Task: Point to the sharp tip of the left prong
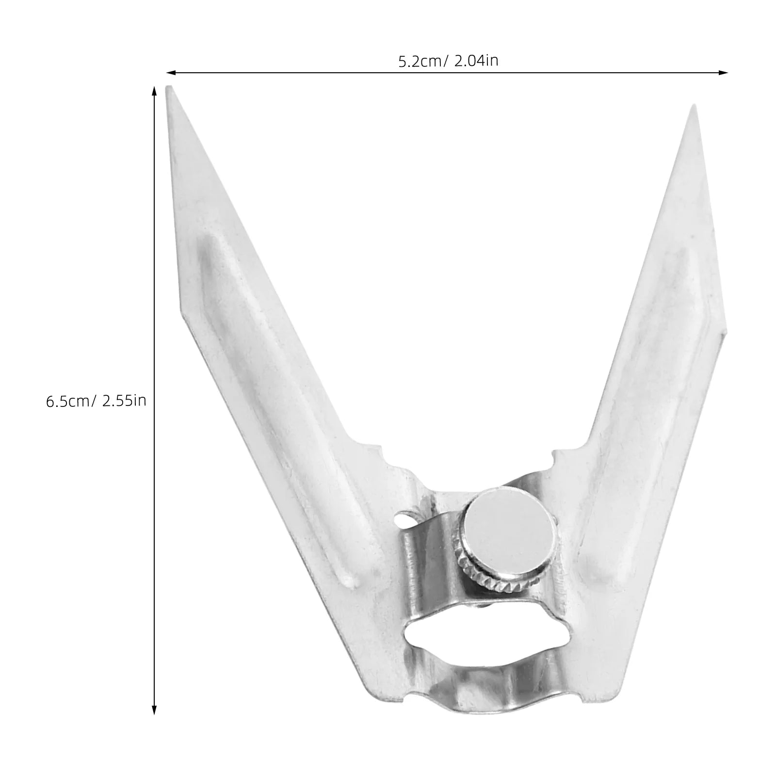(x=168, y=88)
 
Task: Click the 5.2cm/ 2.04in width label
(x=448, y=61)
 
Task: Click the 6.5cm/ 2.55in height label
(x=96, y=401)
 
